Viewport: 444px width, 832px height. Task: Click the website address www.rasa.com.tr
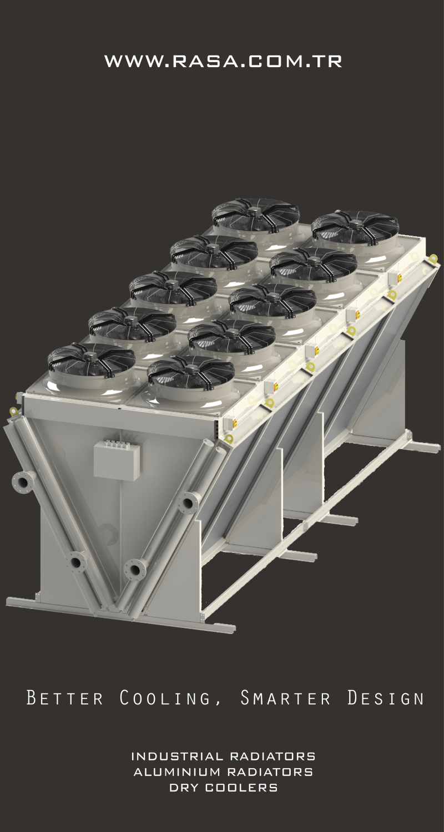(223, 61)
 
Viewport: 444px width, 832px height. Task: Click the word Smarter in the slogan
(285, 697)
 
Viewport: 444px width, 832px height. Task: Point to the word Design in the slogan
(385, 697)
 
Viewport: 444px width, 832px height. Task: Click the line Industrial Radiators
(223, 756)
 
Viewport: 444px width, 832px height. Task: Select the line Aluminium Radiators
(223, 772)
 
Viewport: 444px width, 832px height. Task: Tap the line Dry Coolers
(223, 787)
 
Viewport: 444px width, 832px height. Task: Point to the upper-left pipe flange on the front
(23, 481)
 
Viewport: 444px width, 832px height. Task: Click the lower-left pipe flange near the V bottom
(76, 561)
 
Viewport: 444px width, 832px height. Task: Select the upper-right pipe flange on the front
(189, 503)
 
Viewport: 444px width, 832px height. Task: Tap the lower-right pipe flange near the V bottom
(135, 569)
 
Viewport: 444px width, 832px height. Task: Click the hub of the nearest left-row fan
(92, 352)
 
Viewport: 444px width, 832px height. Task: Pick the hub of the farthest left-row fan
(255, 211)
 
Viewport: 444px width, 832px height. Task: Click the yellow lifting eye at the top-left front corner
(13, 411)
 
